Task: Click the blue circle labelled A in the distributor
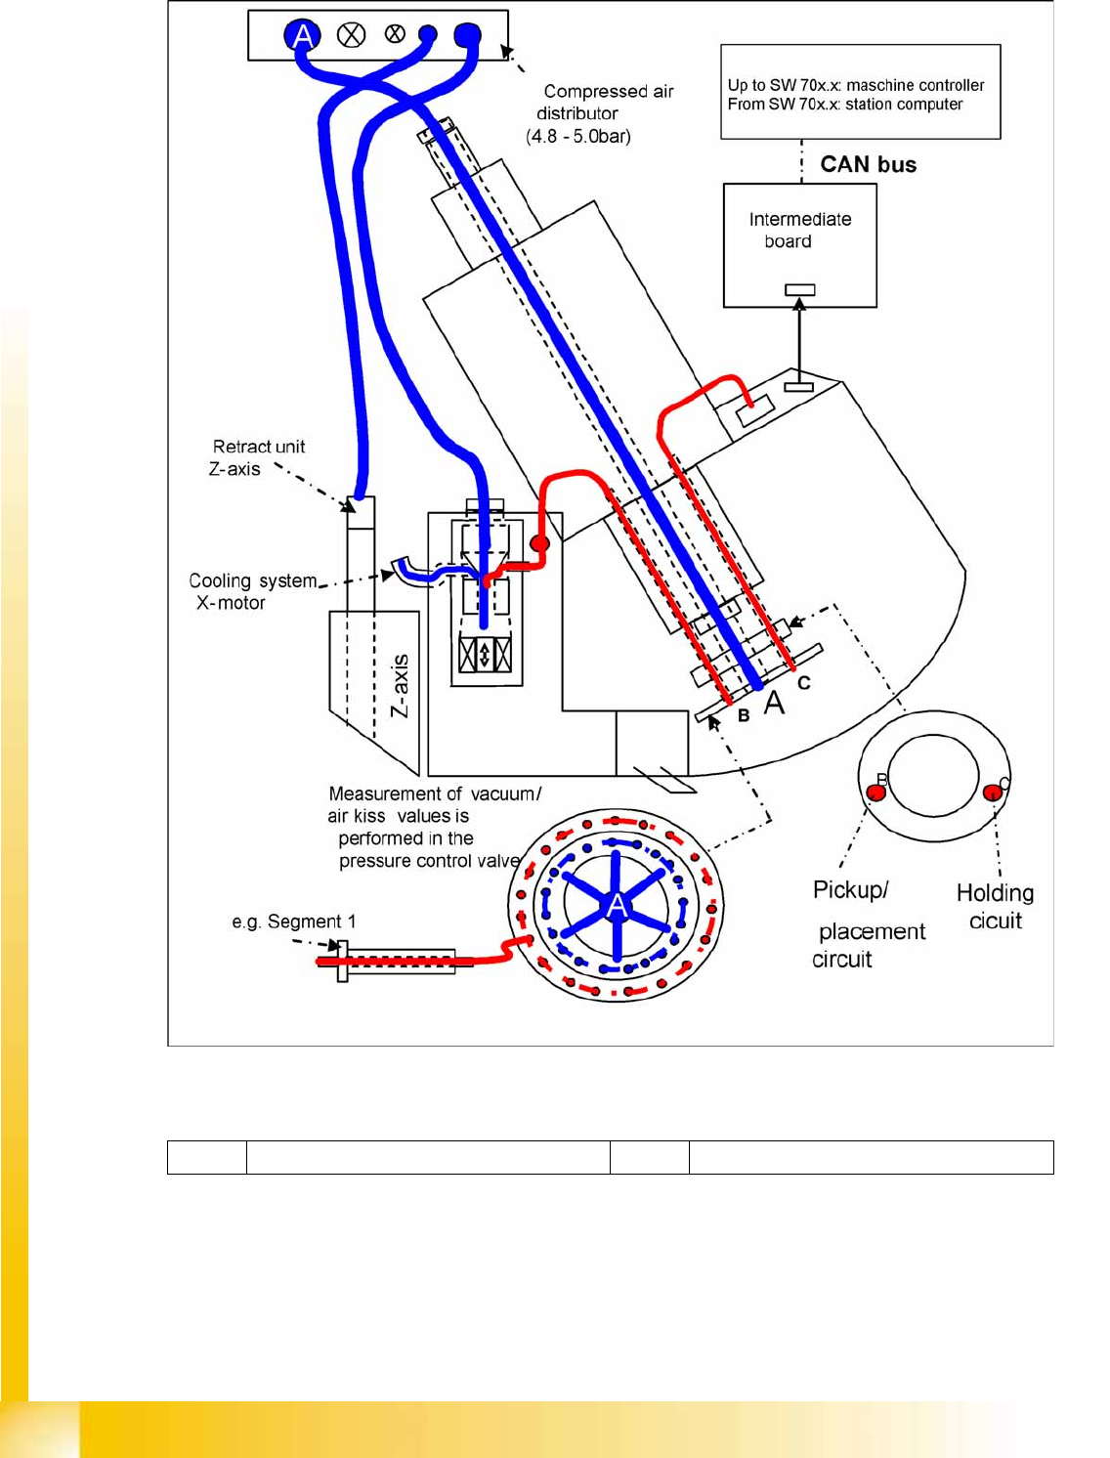pyautogui.click(x=303, y=36)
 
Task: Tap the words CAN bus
pyautogui.click(x=868, y=164)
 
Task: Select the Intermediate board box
pyautogui.click(x=799, y=245)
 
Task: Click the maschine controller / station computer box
pyautogui.click(x=860, y=92)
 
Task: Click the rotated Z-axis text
pyautogui.click(x=400, y=686)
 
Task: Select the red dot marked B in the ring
pyautogui.click(x=876, y=792)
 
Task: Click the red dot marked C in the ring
pyautogui.click(x=993, y=793)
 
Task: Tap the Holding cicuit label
pyautogui.click(x=995, y=906)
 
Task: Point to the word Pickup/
pyautogui.click(x=850, y=890)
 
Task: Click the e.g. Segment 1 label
pyautogui.click(x=294, y=922)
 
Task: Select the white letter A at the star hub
pyautogui.click(x=617, y=906)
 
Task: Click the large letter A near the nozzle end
pyautogui.click(x=774, y=703)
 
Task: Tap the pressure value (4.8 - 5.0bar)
pyautogui.click(x=578, y=136)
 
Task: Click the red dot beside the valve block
pyautogui.click(x=539, y=543)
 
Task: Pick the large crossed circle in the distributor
pyautogui.click(x=351, y=35)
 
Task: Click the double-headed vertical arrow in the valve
pyautogui.click(x=485, y=654)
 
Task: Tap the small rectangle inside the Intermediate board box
pyautogui.click(x=799, y=289)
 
